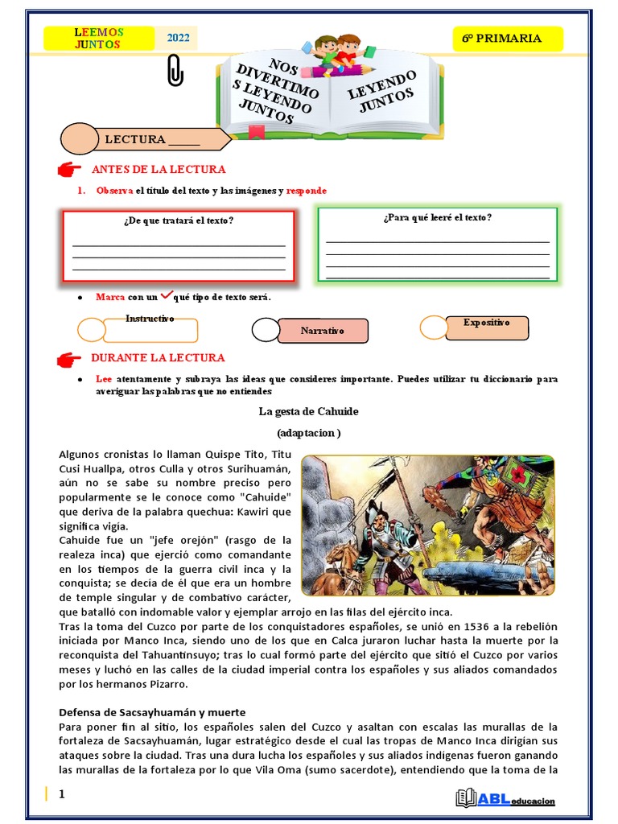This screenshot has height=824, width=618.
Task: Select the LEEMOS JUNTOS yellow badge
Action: point(99,38)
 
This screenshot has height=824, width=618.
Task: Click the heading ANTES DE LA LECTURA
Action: point(159,169)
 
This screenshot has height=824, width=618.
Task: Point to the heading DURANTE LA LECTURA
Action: point(158,357)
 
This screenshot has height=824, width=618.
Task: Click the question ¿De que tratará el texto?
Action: point(179,220)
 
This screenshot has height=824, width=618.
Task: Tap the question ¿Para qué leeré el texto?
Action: point(437,217)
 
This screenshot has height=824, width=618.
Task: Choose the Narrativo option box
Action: point(323,331)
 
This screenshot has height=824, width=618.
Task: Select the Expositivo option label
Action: point(487,323)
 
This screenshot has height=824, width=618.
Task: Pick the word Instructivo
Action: point(150,319)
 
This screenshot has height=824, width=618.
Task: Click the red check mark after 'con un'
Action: point(168,295)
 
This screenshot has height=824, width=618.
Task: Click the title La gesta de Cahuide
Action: point(308,411)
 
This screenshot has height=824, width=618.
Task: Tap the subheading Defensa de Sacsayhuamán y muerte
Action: point(152,712)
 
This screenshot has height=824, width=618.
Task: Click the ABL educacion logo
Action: point(505,799)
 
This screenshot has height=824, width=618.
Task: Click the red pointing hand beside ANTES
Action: point(70,170)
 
